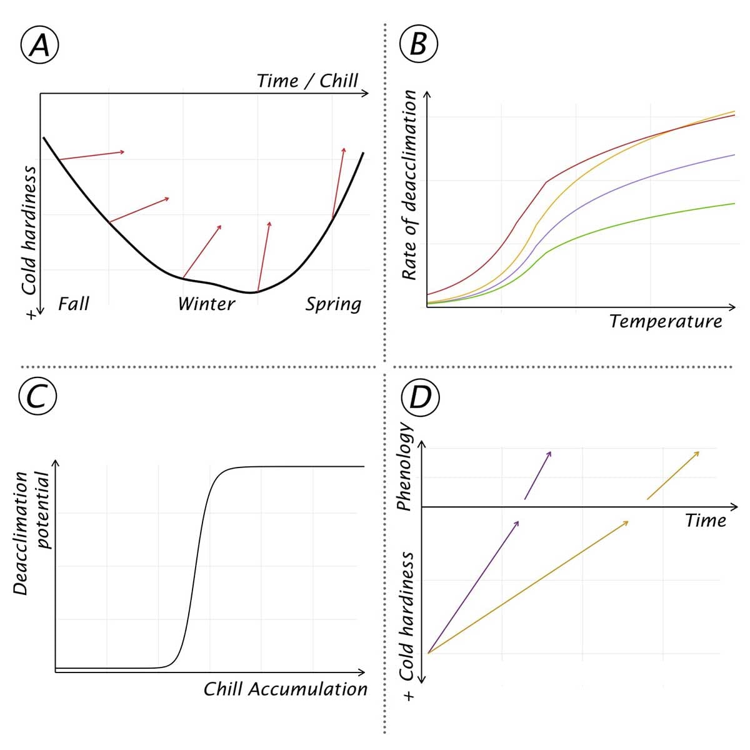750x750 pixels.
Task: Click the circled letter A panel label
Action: click(x=40, y=46)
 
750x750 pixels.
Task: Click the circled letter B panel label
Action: click(x=418, y=46)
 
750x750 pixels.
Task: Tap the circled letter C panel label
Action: click(x=38, y=396)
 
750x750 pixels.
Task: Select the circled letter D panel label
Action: click(x=420, y=396)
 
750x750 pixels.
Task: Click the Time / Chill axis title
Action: click(x=307, y=81)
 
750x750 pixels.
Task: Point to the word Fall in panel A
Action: click(x=73, y=304)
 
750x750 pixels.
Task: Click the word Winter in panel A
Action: click(x=206, y=304)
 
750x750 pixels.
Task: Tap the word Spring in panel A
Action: click(x=333, y=304)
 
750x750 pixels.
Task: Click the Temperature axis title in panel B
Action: click(x=665, y=321)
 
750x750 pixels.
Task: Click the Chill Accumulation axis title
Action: click(x=285, y=689)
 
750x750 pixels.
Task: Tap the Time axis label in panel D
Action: click(x=705, y=520)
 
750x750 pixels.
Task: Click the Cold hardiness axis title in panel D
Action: click(x=407, y=616)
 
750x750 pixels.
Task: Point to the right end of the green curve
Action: click(x=733, y=203)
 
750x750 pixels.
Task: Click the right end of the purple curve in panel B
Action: click(x=733, y=154)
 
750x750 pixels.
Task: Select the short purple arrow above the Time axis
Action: click(x=537, y=475)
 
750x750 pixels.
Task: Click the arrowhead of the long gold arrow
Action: click(x=626, y=522)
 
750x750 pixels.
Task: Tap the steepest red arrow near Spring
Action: click(x=338, y=181)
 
